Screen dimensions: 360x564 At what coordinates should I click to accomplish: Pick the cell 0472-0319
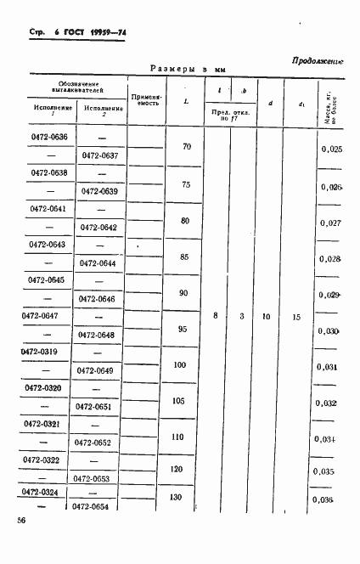coord(41,352)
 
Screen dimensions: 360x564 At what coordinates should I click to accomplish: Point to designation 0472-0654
coord(93,507)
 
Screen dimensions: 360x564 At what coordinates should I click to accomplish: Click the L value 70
coord(187,146)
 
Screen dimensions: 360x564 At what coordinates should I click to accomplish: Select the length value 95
coord(184,329)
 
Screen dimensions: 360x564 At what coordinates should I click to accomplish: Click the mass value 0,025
coord(332,149)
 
